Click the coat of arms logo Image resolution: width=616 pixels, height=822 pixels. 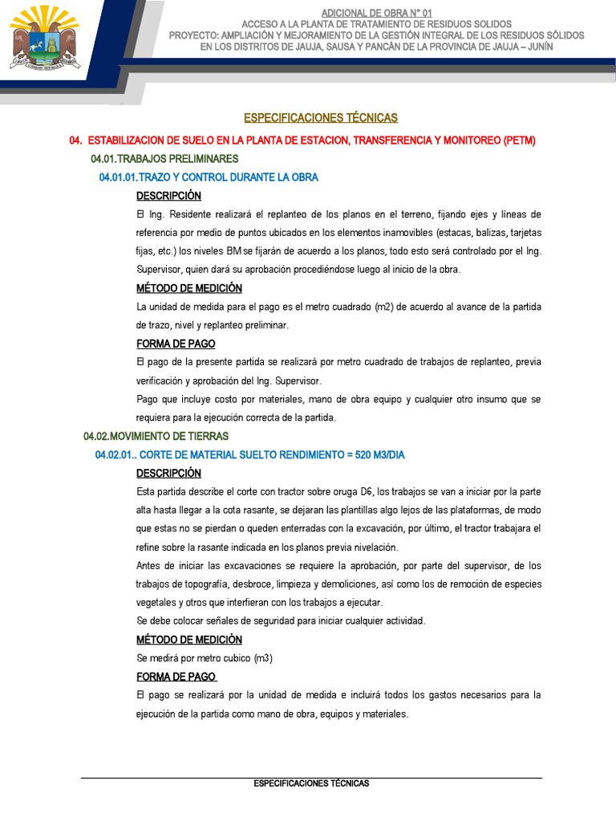pos(45,38)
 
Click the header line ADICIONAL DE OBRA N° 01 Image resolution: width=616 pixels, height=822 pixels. pos(376,14)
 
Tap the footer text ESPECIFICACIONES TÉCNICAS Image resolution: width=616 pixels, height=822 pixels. pos(311,783)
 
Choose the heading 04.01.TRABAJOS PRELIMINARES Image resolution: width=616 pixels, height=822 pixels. pos(164,159)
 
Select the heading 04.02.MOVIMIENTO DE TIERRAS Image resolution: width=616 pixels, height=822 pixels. pos(156,436)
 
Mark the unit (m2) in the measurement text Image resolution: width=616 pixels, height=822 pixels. pos(387,307)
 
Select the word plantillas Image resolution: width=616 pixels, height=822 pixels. pos(354,511)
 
